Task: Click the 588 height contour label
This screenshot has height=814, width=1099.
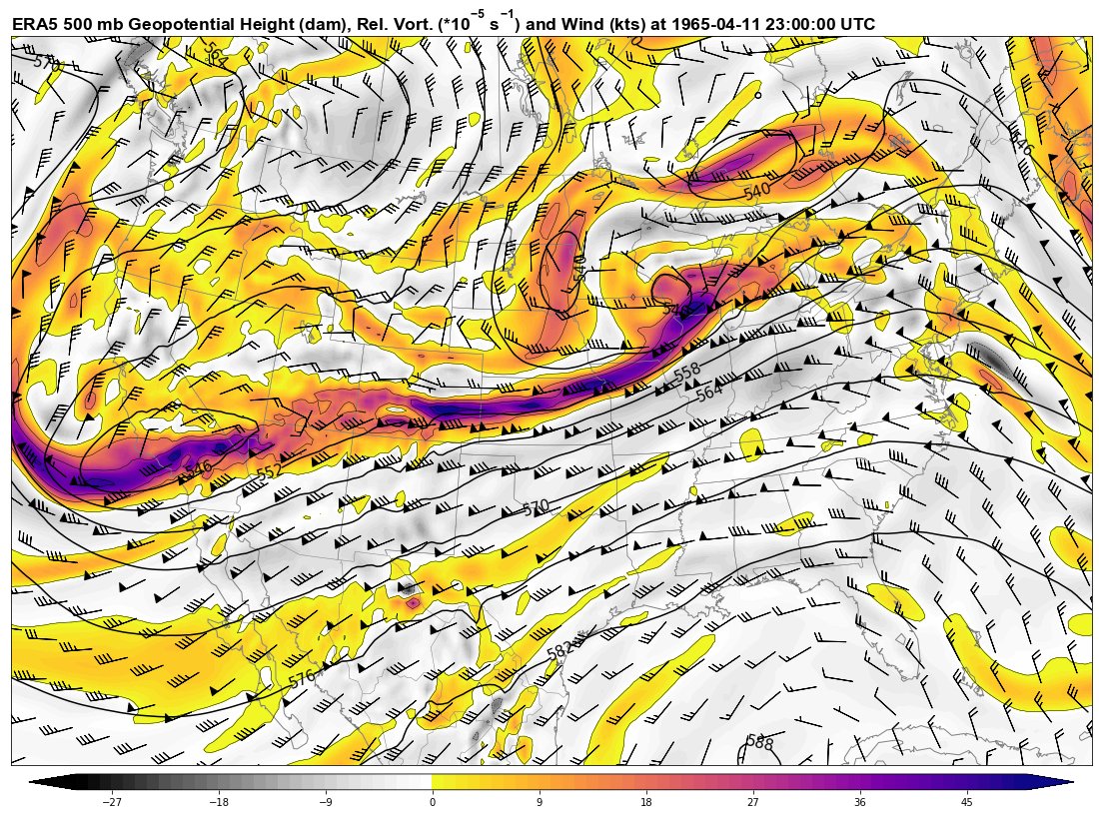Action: pyautogui.click(x=760, y=742)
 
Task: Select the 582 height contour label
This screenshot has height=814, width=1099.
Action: pyautogui.click(x=559, y=652)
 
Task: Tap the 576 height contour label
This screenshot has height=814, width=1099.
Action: pyautogui.click(x=301, y=679)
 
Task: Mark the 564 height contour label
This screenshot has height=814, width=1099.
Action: pyautogui.click(x=709, y=393)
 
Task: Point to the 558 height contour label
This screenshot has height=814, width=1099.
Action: pyautogui.click(x=686, y=374)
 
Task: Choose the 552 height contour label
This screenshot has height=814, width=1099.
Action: pyautogui.click(x=269, y=472)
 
